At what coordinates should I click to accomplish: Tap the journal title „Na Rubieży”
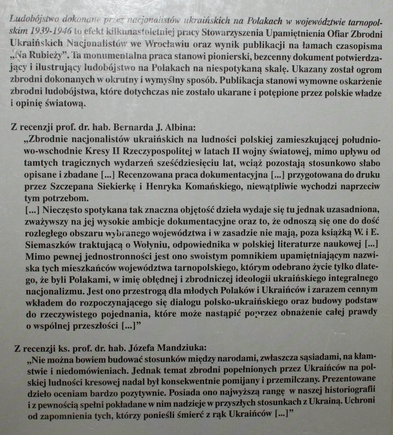click(38, 56)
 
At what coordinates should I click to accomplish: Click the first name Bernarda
click(128, 127)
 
